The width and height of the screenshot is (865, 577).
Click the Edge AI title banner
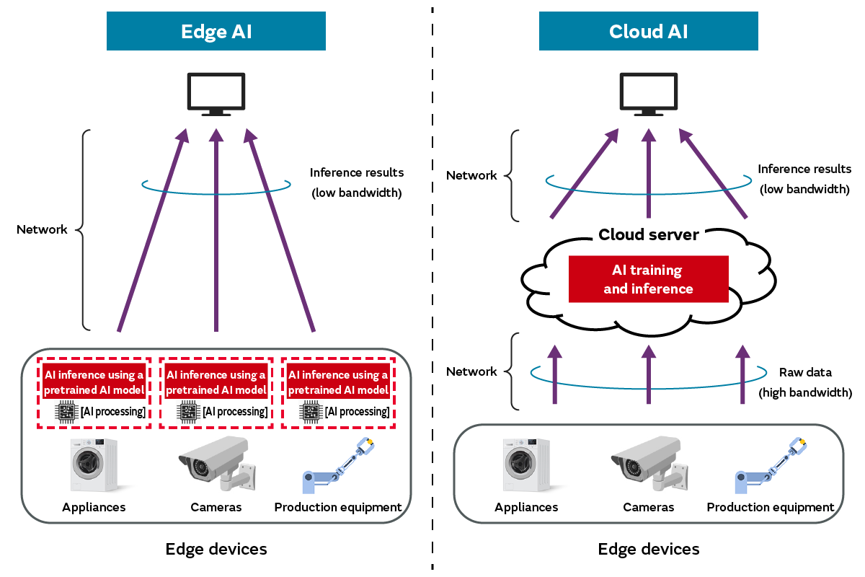click(x=216, y=32)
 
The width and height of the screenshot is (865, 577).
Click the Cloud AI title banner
click(x=649, y=32)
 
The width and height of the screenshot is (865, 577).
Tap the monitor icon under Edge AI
click(x=216, y=94)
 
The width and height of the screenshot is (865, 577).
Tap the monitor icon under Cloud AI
click(x=649, y=94)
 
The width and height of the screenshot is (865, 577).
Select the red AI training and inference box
click(x=648, y=280)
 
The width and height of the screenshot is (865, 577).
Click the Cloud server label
click(x=649, y=235)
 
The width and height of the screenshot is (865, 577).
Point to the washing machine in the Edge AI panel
click(x=94, y=466)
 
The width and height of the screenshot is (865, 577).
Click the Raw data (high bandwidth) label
click(x=805, y=382)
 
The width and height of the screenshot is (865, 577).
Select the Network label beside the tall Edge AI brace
click(x=42, y=229)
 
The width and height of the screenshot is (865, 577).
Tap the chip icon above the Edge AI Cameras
click(x=189, y=412)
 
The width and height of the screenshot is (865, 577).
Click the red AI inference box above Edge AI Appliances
click(x=94, y=382)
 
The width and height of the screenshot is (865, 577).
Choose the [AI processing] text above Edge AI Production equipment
click(x=358, y=412)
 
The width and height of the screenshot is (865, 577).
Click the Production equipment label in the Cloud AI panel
click(x=771, y=507)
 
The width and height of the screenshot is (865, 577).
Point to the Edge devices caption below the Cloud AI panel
click(x=649, y=550)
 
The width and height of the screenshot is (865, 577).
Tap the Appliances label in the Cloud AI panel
click(x=526, y=507)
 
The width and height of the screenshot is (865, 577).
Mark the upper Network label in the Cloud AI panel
click(x=471, y=175)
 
